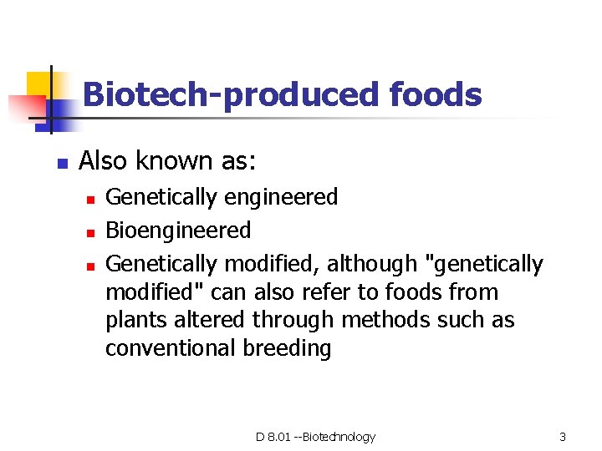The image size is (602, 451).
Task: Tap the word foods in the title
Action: coord(436,95)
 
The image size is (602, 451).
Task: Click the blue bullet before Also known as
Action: coord(61,163)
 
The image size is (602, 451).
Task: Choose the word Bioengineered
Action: coord(178,231)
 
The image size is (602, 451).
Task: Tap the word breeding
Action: coord(287,348)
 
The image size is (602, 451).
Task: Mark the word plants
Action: coord(132,321)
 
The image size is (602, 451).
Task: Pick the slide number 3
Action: coord(563,437)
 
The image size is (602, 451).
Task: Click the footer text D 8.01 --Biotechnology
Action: coord(315,437)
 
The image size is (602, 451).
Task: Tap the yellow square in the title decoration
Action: coord(39,84)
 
